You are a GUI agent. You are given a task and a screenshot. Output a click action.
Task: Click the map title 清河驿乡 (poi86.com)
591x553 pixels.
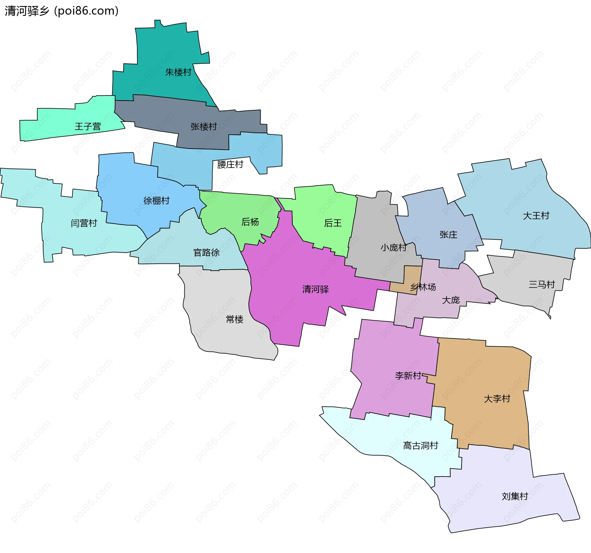click(x=62, y=11)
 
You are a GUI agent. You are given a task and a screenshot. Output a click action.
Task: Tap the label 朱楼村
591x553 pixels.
click(x=178, y=72)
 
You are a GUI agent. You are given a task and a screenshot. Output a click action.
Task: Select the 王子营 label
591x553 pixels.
click(x=88, y=127)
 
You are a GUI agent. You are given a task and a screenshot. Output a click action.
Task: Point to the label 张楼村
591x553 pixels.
click(x=203, y=127)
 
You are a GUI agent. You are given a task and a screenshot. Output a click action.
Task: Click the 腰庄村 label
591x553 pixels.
click(x=230, y=165)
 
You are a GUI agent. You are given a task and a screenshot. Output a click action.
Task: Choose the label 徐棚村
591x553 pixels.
click(x=156, y=201)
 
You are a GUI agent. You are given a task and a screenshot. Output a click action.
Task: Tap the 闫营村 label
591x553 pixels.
click(x=84, y=223)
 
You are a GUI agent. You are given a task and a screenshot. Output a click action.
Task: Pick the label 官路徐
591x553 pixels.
click(x=206, y=253)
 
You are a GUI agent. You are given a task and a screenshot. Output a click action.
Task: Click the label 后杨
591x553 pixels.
click(x=250, y=222)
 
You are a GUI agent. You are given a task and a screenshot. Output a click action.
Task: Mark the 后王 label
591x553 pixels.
click(x=333, y=223)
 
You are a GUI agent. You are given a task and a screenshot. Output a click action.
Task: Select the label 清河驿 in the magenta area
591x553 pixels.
click(x=316, y=289)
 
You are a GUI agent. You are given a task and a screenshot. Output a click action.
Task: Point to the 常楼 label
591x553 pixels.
click(x=235, y=319)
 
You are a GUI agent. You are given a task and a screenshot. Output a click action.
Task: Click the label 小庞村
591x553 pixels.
click(x=393, y=247)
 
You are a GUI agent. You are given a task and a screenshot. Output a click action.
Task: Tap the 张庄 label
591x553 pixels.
click(x=448, y=235)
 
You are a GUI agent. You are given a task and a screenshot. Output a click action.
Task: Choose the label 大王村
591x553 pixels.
click(x=536, y=216)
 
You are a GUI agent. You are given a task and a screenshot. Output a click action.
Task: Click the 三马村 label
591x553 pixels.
click(x=542, y=284)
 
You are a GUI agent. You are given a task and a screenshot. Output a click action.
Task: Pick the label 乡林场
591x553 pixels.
click(x=423, y=287)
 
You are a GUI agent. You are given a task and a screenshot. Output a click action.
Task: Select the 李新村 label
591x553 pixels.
click(x=408, y=376)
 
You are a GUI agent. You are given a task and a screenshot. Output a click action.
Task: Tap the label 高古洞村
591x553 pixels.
click(x=420, y=445)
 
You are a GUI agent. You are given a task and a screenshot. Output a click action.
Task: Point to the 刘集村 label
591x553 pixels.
click(x=515, y=496)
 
